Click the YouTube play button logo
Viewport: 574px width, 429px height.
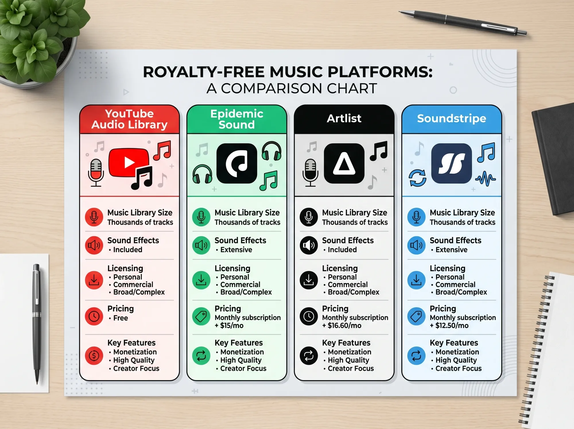pos(129,163)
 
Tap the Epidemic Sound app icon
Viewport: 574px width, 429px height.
pos(236,163)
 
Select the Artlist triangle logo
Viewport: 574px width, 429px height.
pos(344,163)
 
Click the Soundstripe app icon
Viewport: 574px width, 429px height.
pos(451,163)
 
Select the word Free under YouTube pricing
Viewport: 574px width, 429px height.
pos(121,318)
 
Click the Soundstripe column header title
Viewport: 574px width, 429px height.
pos(451,118)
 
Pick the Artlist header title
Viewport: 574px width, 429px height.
pos(344,118)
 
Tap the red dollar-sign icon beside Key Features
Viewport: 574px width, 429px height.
pos(94,356)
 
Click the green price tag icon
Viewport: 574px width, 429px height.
pos(201,316)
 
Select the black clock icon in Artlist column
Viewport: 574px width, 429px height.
pos(309,316)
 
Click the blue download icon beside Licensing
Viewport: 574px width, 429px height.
pos(416,280)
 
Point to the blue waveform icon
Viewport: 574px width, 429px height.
pos(485,179)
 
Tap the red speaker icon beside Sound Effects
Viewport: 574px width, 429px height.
pos(94,245)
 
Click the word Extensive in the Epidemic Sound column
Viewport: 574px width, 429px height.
pos(236,250)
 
